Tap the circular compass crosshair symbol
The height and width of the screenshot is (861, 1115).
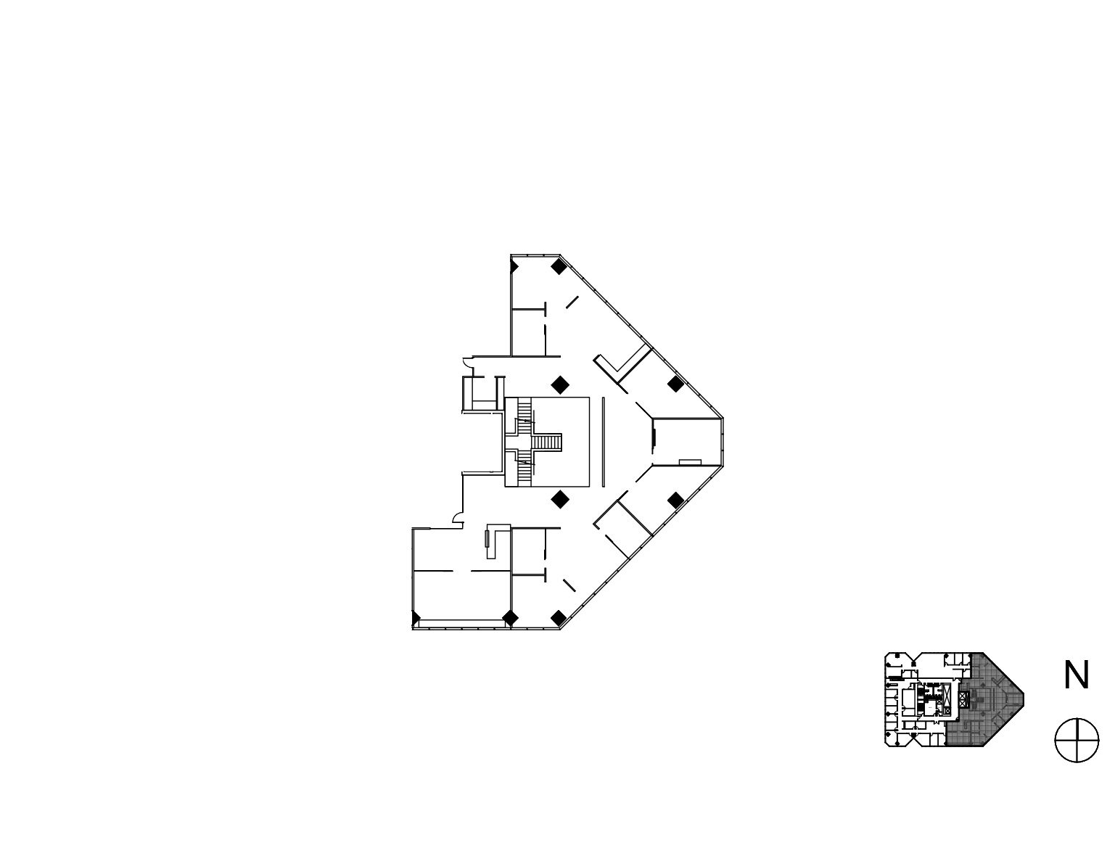1077,740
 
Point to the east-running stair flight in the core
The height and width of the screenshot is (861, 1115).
548,442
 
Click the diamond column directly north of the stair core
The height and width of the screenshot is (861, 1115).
560,384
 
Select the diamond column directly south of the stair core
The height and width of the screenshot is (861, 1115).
560,500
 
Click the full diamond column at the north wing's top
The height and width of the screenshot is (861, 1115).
559,267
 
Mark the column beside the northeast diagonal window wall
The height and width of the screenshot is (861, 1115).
675,384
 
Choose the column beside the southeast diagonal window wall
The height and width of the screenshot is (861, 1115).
675,500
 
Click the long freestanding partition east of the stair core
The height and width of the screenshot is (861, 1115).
604,442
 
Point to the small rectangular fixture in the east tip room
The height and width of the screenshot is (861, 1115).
690,462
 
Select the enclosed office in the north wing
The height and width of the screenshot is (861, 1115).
529,332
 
